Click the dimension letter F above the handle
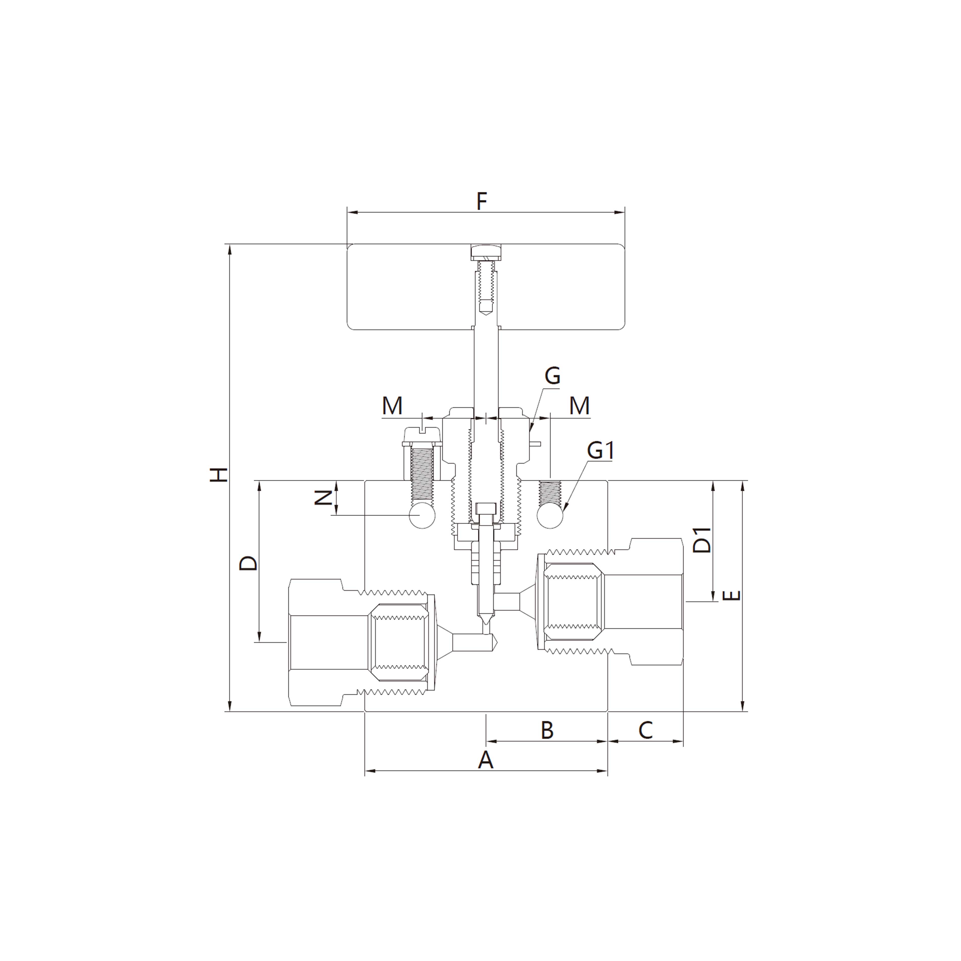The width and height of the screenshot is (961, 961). [x=481, y=202]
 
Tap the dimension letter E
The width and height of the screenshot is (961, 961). [x=731, y=595]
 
